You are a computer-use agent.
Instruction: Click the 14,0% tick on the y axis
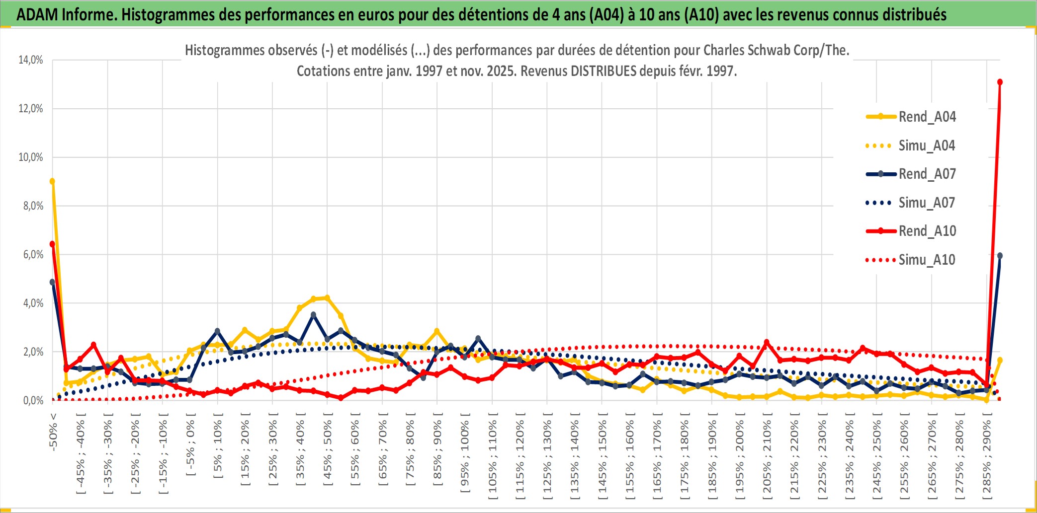[31, 60]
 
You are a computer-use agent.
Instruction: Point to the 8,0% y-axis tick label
[33, 206]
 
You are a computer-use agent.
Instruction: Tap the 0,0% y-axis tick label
[33, 401]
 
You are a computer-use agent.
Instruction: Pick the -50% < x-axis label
[53, 432]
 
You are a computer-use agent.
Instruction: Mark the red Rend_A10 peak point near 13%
[1000, 82]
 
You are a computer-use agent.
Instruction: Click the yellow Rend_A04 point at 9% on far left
[52, 181]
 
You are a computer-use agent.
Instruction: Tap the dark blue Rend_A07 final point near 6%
[1000, 256]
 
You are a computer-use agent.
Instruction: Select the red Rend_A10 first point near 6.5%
[52, 244]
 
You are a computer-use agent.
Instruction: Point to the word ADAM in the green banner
[37, 14]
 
